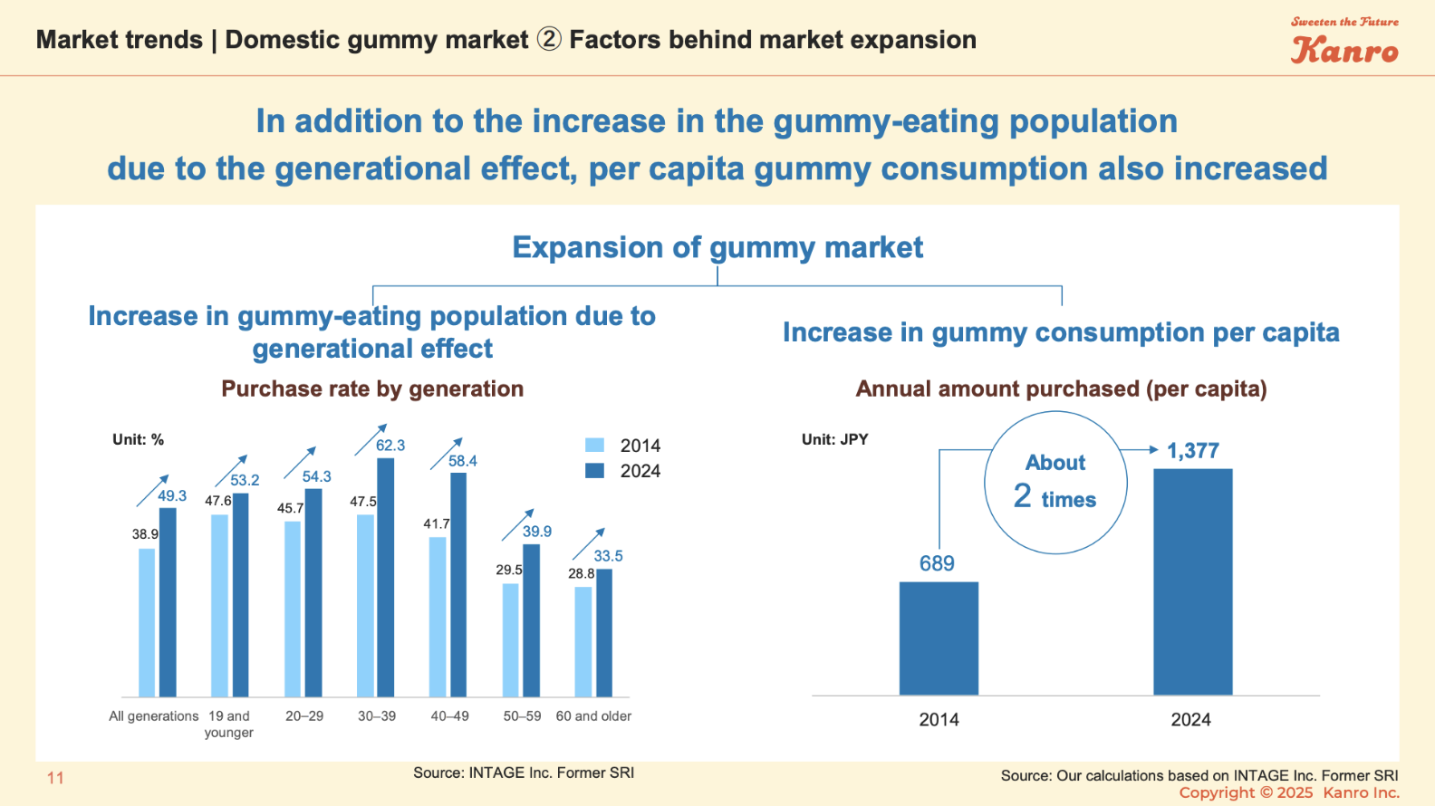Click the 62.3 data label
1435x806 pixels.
(x=390, y=446)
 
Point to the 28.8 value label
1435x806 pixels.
(x=581, y=573)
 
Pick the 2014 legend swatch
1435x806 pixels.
(x=594, y=445)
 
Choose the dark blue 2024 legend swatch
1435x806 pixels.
(x=594, y=470)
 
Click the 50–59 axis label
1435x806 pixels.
(x=522, y=715)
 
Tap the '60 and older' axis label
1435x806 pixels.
(x=593, y=715)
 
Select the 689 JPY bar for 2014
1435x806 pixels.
(x=939, y=638)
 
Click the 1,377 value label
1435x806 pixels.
(x=1192, y=451)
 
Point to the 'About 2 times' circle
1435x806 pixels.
(x=1055, y=482)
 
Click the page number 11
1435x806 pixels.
(x=55, y=777)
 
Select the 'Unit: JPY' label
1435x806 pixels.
(x=834, y=439)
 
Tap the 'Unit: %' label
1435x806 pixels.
(x=138, y=439)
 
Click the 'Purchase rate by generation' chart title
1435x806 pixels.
(x=372, y=389)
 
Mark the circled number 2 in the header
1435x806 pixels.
(x=549, y=40)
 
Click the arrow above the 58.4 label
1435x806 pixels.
(x=446, y=453)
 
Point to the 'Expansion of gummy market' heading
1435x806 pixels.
(x=717, y=247)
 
